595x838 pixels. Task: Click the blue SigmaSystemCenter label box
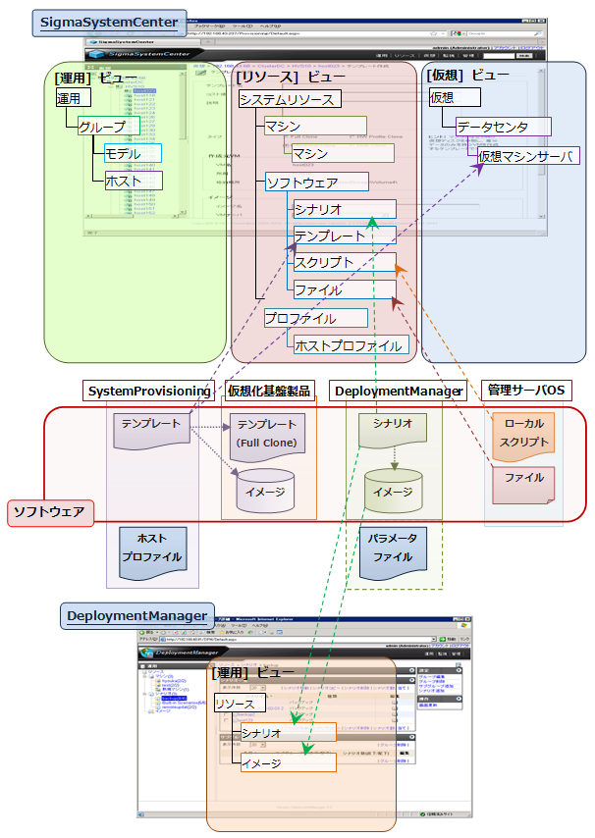coord(109,23)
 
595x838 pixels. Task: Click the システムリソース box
coord(290,99)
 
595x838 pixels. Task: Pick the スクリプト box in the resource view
coord(345,263)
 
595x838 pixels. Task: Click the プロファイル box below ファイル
coord(314,318)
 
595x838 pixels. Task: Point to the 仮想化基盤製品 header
coord(267,391)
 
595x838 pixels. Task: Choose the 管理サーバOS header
coord(526,391)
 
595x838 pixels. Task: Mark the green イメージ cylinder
coord(393,491)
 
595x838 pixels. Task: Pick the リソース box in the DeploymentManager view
coord(235,705)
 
